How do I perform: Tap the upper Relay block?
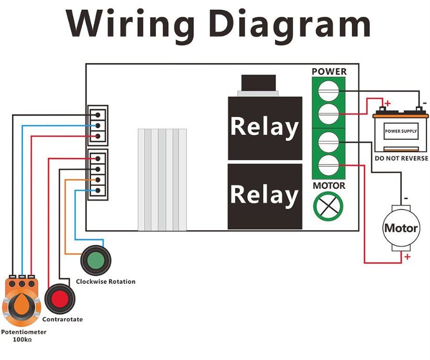pyautogui.click(x=264, y=127)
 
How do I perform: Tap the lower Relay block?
pyautogui.click(x=264, y=195)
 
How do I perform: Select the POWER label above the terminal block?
pyautogui.click(x=329, y=72)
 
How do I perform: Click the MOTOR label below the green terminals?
pyautogui.click(x=329, y=186)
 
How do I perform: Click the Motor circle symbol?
pyautogui.click(x=401, y=228)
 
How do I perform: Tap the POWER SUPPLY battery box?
pyautogui.click(x=401, y=130)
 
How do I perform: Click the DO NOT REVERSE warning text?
pyautogui.click(x=401, y=158)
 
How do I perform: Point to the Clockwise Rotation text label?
pyautogui.click(x=106, y=282)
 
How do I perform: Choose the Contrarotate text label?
pyautogui.click(x=62, y=319)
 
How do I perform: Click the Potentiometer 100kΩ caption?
pyautogui.click(x=24, y=336)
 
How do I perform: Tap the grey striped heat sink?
pyautogui.click(x=162, y=179)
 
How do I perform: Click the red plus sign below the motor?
pyautogui.click(x=406, y=257)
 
